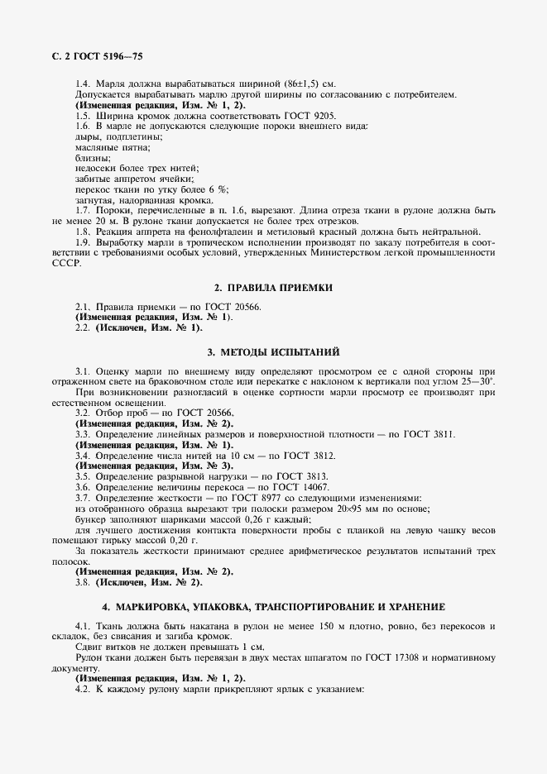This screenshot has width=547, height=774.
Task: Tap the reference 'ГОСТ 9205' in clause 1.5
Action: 313,116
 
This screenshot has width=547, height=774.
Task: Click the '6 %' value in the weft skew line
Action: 217,189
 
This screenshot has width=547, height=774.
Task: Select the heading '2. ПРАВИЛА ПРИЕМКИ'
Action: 273,287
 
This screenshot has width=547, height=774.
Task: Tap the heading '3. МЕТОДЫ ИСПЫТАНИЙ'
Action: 273,351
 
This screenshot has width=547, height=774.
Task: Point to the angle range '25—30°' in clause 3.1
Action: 477,383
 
